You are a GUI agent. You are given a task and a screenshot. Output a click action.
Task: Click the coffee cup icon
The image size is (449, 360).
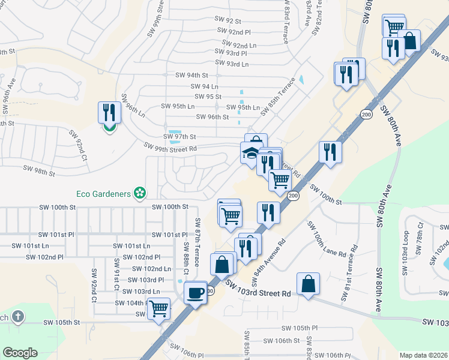(195, 293)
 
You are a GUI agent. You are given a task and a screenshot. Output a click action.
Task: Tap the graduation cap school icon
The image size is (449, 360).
(252, 154)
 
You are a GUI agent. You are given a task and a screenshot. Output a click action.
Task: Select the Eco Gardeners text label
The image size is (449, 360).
(104, 193)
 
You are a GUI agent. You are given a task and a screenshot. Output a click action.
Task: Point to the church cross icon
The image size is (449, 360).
(18, 316)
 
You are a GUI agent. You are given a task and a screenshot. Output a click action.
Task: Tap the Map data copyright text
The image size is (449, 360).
(423, 355)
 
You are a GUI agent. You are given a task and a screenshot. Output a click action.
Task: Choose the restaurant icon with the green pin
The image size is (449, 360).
(109, 114)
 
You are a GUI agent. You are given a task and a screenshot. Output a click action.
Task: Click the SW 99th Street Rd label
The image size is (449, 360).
(170, 146)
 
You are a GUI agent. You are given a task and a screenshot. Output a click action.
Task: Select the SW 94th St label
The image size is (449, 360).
(191, 75)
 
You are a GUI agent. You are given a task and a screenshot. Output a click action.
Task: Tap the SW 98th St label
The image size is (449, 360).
(38, 171)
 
